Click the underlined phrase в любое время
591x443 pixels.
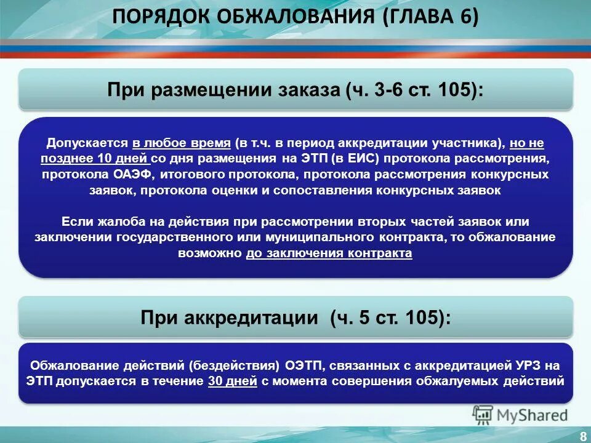coord(181,143)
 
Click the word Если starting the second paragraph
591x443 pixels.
coord(75,221)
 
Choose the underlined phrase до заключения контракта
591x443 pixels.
coord(329,253)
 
